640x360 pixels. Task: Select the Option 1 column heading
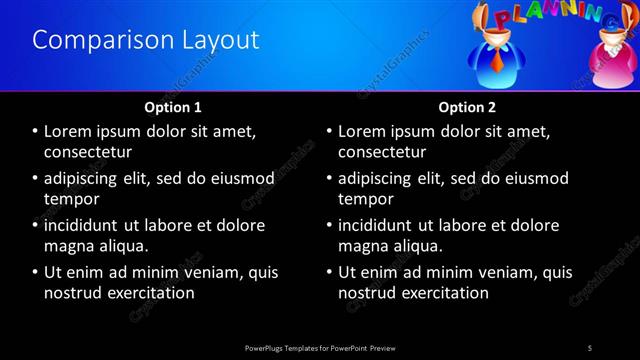pyautogui.click(x=173, y=106)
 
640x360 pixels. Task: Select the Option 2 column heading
pyautogui.click(x=467, y=106)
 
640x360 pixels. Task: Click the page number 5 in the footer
pyautogui.click(x=590, y=347)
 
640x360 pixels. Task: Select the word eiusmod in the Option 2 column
pyautogui.click(x=535, y=178)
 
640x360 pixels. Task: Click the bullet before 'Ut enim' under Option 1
pyautogui.click(x=35, y=272)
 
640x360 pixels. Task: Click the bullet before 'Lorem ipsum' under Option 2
pyautogui.click(x=329, y=131)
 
